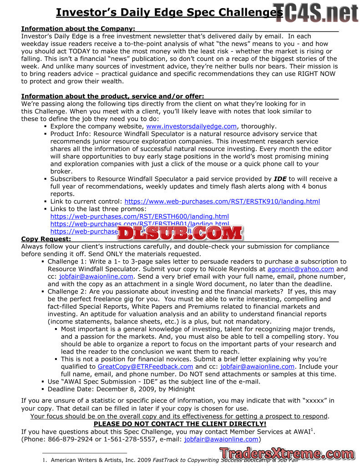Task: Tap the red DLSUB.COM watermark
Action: pos(181,233)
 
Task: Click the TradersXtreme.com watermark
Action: pos(287,454)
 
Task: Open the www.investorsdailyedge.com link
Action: pos(191,127)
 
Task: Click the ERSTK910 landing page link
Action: pos(222,202)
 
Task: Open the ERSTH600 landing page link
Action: pos(139,217)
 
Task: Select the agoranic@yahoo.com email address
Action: pos(300,269)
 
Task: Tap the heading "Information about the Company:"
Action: pos(78,29)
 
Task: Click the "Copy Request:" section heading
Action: pos(46,239)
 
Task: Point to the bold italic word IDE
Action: pos(280,179)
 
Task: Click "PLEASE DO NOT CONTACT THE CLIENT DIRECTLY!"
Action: pos(180,424)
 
